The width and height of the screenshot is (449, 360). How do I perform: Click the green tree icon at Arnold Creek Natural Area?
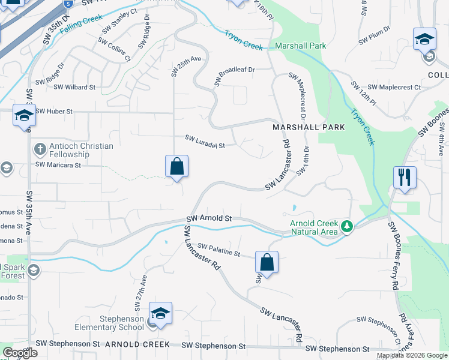click(x=346, y=226)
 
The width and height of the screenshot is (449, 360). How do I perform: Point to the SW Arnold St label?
click(x=209, y=219)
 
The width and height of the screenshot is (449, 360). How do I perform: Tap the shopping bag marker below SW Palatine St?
click(x=267, y=262)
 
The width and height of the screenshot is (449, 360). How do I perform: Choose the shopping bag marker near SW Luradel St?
click(x=177, y=167)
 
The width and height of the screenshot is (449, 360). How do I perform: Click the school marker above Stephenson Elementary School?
click(x=160, y=314)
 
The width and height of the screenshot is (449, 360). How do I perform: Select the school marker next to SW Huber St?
click(x=25, y=115)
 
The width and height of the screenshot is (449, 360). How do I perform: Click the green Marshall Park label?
click(x=301, y=46)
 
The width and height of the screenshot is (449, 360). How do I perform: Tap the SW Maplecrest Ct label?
click(x=394, y=88)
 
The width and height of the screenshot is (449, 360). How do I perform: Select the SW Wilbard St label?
click(x=74, y=87)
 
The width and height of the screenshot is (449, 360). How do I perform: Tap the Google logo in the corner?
click(x=20, y=353)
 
